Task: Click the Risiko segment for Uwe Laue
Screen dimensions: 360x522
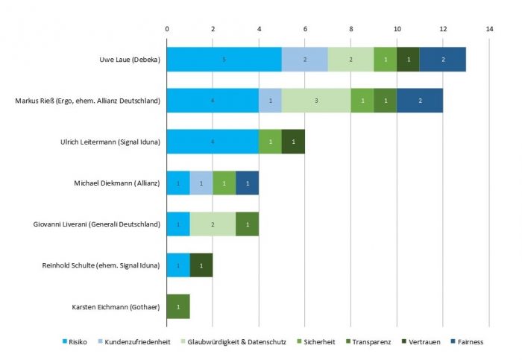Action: [x=224, y=59]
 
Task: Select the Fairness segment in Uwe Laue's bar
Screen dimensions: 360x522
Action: [x=443, y=59]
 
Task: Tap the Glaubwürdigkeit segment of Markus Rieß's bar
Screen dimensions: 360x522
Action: [x=316, y=100]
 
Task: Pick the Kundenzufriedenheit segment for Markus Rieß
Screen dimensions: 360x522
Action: [x=270, y=100]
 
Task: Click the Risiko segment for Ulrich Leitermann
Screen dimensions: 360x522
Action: [x=213, y=141]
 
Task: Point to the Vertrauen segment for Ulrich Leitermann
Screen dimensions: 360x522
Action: [x=293, y=141]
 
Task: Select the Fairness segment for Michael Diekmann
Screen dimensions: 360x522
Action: [x=247, y=183]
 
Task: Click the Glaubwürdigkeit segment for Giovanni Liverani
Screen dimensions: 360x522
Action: [x=213, y=224]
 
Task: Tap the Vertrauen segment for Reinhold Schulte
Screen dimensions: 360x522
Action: [x=201, y=265]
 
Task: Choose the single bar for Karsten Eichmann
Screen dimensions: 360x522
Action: [x=178, y=306]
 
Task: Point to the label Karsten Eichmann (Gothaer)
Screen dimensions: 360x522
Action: [x=116, y=306]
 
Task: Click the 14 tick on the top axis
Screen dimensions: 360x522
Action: [x=489, y=29]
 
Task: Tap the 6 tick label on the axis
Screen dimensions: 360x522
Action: [x=305, y=29]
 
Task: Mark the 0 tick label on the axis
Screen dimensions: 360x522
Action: [x=167, y=29]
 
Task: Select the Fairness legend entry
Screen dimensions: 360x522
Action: [x=468, y=341]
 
